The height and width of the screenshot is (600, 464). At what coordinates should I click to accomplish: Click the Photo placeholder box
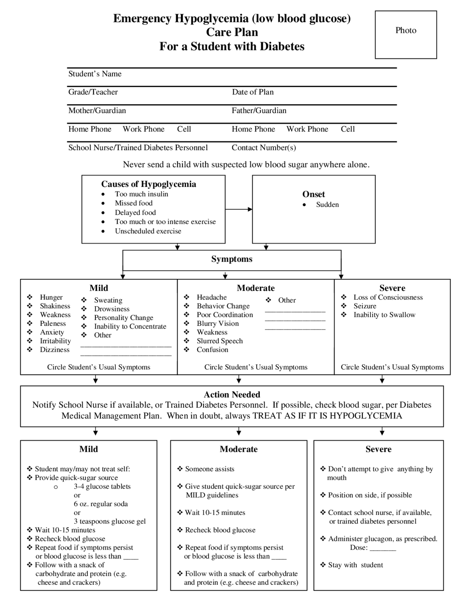(406, 34)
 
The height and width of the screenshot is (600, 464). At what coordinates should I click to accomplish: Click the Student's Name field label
(95, 74)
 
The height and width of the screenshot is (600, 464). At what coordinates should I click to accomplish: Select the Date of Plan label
(253, 92)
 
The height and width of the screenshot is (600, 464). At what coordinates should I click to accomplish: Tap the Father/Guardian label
(259, 111)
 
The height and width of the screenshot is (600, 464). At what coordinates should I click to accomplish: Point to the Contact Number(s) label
(264, 147)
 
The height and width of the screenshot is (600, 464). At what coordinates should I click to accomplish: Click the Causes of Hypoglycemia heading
(149, 184)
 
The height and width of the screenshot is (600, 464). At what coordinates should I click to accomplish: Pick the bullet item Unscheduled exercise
(148, 231)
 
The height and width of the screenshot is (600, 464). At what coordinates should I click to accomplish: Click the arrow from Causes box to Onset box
(239, 209)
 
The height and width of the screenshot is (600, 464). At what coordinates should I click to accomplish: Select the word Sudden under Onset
(327, 205)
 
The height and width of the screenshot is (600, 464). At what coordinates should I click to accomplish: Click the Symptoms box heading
(232, 259)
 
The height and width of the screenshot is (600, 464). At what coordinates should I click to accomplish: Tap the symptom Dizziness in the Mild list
(54, 350)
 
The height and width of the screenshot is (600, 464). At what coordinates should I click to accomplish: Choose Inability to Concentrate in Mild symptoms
(130, 326)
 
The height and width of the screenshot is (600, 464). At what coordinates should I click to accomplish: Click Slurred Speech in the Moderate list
(220, 341)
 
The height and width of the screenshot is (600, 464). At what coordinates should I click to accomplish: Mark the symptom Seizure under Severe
(365, 306)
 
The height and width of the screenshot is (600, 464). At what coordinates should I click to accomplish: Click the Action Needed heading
(232, 395)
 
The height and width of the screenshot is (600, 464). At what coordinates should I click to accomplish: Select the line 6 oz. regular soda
(101, 504)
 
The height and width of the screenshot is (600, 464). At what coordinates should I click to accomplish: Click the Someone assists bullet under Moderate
(210, 469)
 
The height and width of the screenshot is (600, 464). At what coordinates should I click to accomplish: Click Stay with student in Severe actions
(355, 565)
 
